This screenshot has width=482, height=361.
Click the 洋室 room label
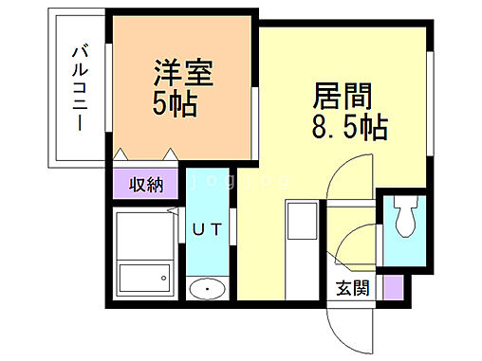(x=184, y=73)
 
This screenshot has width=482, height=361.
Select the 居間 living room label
(x=340, y=97)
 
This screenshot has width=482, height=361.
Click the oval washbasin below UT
(x=205, y=289)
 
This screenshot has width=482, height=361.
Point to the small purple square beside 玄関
(x=390, y=285)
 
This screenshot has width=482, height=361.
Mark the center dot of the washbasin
(x=205, y=289)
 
